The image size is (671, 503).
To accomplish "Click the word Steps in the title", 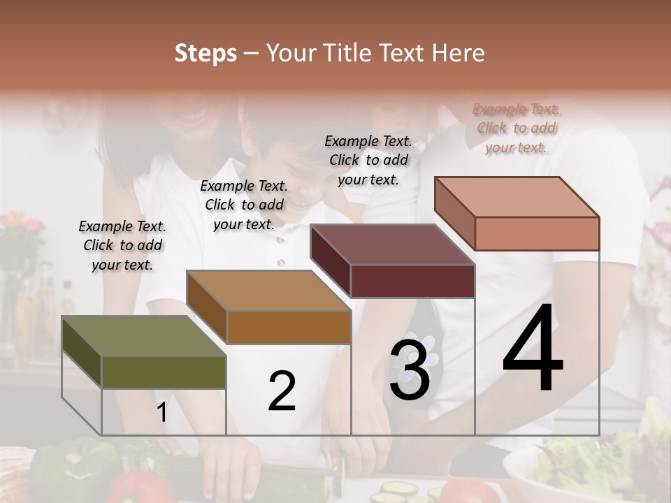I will coord(205,53).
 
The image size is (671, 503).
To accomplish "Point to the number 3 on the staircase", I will coord(410,370).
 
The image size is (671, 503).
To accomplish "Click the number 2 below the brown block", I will coord(282,391).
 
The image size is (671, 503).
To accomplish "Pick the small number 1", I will coord(162,413).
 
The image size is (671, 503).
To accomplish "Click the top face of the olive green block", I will coord(143,336).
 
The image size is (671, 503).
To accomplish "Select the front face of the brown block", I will coord(289,327).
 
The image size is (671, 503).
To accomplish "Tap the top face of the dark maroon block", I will coord(391,245).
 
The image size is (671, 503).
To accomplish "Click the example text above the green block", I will coord(122,246).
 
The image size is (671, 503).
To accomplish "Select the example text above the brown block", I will coord(244,205).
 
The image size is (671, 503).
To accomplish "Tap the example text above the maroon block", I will coord(368,160).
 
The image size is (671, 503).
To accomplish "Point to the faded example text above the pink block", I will coord(517,129).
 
